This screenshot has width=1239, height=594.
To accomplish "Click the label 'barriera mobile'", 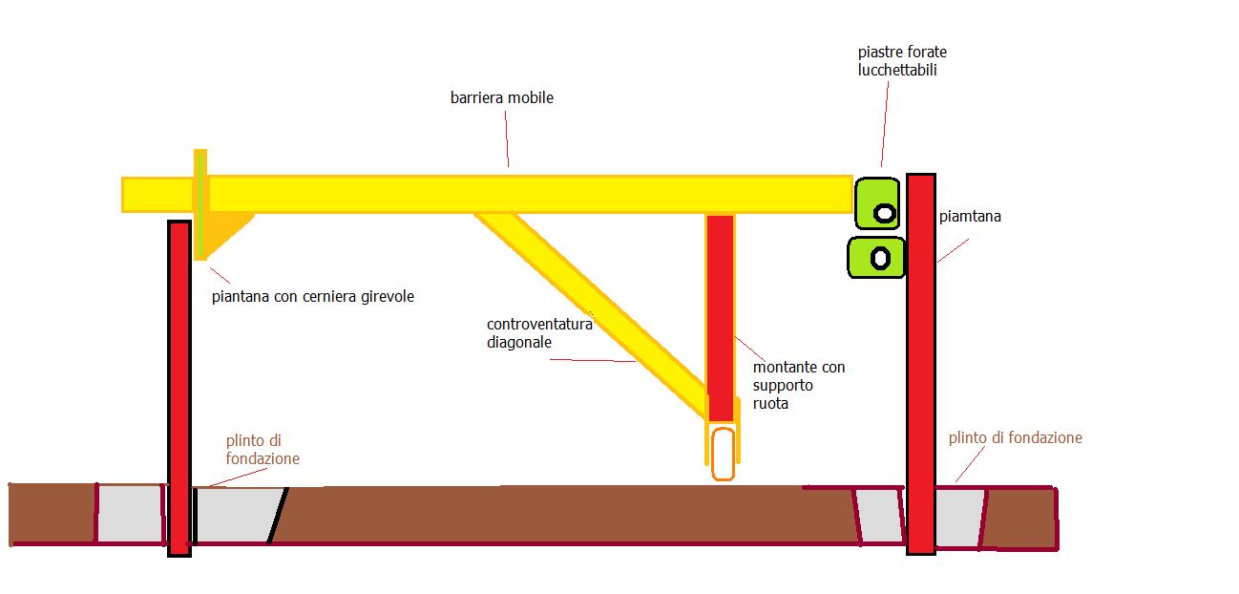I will tap(501, 97).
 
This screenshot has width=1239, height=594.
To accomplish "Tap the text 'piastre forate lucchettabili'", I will tap(902, 60).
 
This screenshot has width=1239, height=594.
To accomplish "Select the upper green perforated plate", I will tap(877, 203).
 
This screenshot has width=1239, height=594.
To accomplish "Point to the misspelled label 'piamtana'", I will tap(970, 217).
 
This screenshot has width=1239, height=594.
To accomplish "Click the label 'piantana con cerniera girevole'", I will tap(313, 297).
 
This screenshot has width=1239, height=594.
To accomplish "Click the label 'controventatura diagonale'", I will tap(539, 332).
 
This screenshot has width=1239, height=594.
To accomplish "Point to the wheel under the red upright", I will tap(723, 453).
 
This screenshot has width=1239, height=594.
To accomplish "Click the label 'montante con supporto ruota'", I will tap(798, 385).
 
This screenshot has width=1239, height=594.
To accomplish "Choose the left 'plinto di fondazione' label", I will tap(262, 450).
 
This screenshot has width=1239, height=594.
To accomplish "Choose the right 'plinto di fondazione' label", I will tap(1015, 437).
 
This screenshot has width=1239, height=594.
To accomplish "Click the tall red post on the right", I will tap(920, 363).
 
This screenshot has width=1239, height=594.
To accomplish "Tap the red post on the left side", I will tap(179, 382).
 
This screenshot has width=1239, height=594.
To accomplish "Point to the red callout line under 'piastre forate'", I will tap(885, 124).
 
